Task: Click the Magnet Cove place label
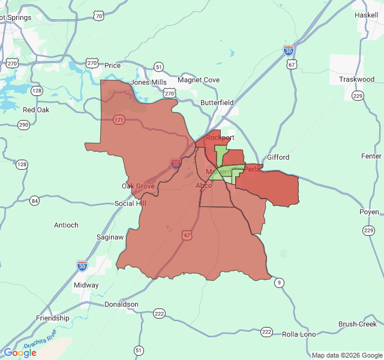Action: pos(198,80)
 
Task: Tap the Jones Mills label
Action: pos(149,82)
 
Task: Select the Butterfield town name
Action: pos(217,103)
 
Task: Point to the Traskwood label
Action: pos(356,79)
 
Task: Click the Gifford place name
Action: pos(278,157)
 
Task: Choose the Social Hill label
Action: pos(130,203)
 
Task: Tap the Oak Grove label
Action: pos(139,186)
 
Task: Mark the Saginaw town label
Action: pos(110,237)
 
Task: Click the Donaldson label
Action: pos(121,304)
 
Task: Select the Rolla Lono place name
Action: pos(299,334)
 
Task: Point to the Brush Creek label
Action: pos(357,324)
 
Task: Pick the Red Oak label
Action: pos(36,110)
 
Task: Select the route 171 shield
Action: pos(119,121)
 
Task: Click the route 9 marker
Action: pos(278,282)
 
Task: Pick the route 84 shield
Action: pos(34,200)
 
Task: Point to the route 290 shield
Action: pos(23,125)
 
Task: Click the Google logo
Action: pos(20,353)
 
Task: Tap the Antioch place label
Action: pos(66,225)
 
